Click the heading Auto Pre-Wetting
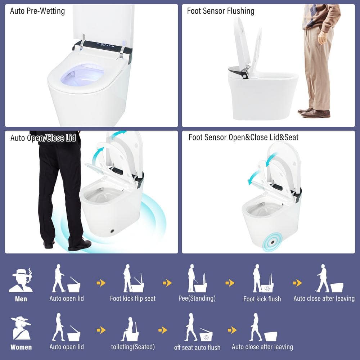click(37, 11)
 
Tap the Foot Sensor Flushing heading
click(221, 11)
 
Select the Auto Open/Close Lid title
click(43, 138)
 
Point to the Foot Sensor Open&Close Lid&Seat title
click(243, 137)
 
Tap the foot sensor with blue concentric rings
click(273, 242)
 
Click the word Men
click(21, 299)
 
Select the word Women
click(21, 347)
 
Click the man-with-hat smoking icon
click(21, 280)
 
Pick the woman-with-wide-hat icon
click(21, 328)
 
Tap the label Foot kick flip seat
click(133, 298)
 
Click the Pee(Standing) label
click(197, 298)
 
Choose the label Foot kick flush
click(262, 299)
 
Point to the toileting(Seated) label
click(133, 347)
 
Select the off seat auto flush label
click(197, 347)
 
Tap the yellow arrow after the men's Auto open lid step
click(101, 283)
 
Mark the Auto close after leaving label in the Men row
click(324, 298)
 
